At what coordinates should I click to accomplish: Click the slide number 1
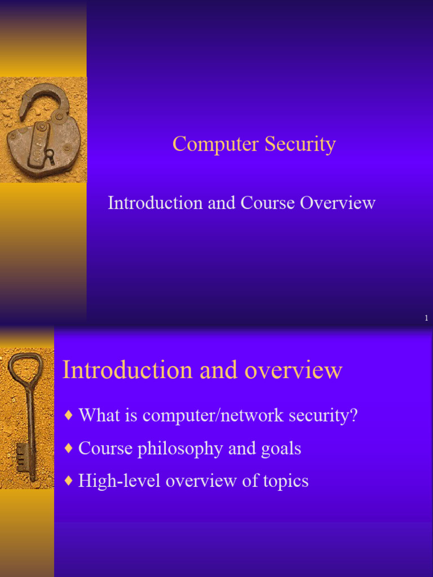pos(426,319)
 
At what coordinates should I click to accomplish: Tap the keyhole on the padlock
pos(49,154)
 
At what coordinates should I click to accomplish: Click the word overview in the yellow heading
pos(293,371)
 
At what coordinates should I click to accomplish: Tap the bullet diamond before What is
pos(69,416)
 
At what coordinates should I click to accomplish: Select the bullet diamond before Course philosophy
pos(69,449)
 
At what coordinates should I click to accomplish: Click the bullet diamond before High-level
pos(69,481)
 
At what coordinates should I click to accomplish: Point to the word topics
pos(285,482)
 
